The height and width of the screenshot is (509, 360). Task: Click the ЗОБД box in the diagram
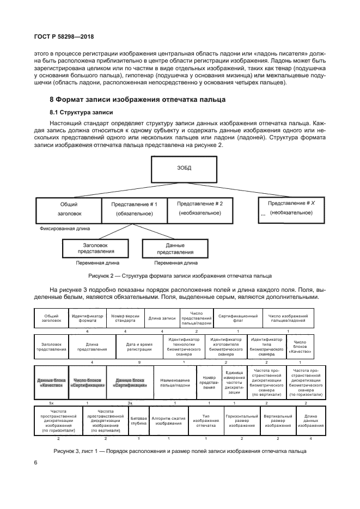click(x=184, y=168)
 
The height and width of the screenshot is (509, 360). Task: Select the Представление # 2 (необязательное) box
click(x=200, y=208)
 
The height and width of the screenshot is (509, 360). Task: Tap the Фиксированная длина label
click(x=65, y=229)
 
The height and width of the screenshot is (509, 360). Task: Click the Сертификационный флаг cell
click(x=238, y=318)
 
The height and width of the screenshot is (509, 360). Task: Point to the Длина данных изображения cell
click(x=312, y=420)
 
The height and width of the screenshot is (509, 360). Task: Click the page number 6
click(x=35, y=463)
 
